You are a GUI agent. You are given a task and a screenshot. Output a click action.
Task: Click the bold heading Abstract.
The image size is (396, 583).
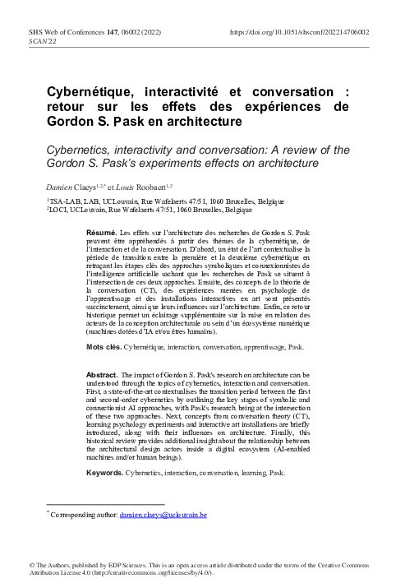coord(102,375)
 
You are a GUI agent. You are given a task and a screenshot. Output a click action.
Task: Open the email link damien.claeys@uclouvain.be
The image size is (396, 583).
coord(163,515)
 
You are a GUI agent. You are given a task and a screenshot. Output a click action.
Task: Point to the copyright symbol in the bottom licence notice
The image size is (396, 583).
coord(31,567)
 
